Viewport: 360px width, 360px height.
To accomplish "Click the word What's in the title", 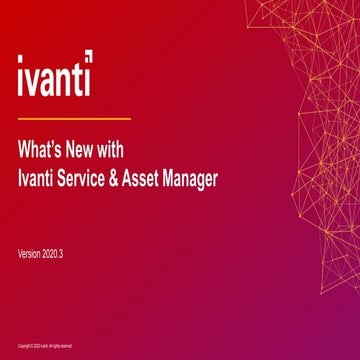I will click(45, 156).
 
